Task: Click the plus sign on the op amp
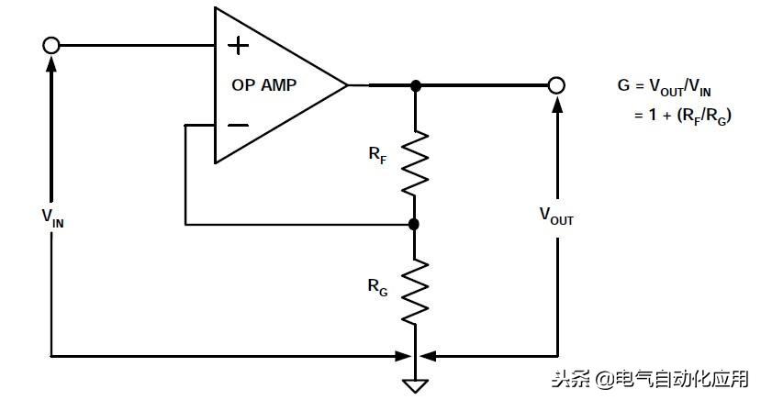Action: click(x=238, y=46)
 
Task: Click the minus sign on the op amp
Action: click(x=238, y=124)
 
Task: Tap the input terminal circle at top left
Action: click(x=51, y=45)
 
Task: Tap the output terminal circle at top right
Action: click(x=555, y=85)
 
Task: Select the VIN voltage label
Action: click(x=52, y=217)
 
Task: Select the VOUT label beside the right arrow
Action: click(x=556, y=216)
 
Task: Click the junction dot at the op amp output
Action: click(x=415, y=85)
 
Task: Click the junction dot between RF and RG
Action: click(x=414, y=224)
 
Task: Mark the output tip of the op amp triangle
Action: click(x=348, y=85)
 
